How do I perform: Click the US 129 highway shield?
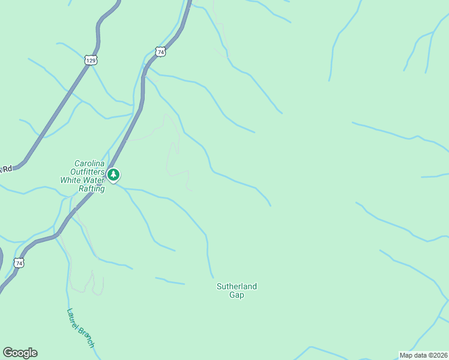point(90,60)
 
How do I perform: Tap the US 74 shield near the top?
point(160,52)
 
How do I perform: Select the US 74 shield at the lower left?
point(19,263)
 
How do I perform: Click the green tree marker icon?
point(113,175)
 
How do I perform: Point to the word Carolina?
point(89,163)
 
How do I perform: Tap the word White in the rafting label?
point(71,180)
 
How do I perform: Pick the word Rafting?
point(92,188)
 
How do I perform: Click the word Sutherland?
point(237,287)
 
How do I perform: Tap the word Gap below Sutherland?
point(237,295)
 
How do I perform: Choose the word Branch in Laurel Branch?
point(86,337)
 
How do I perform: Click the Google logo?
point(20,353)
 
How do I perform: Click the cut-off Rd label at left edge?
point(6,169)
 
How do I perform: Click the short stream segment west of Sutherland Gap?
point(170,281)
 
